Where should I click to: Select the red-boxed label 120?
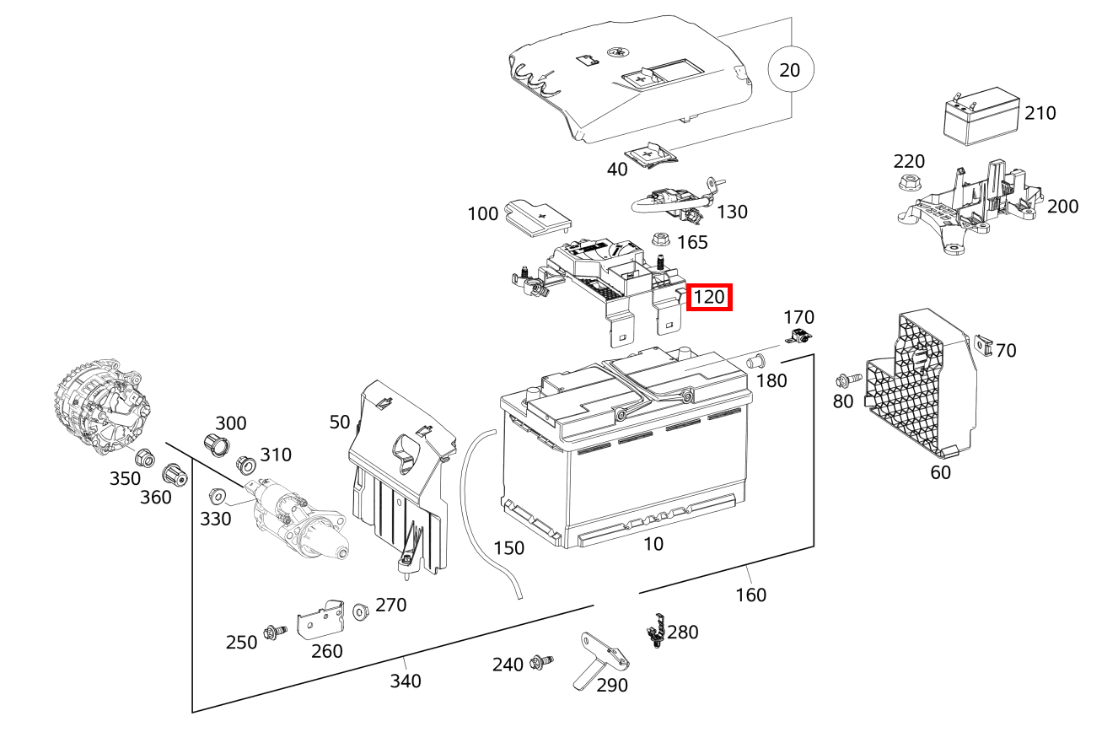[709, 298]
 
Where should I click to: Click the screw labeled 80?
[847, 380]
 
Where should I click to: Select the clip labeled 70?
[981, 344]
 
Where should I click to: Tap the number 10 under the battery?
[653, 544]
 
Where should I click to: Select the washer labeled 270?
[361, 609]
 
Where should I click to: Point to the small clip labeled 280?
[655, 630]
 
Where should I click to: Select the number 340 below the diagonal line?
[405, 681]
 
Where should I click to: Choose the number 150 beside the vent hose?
[508, 548]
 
